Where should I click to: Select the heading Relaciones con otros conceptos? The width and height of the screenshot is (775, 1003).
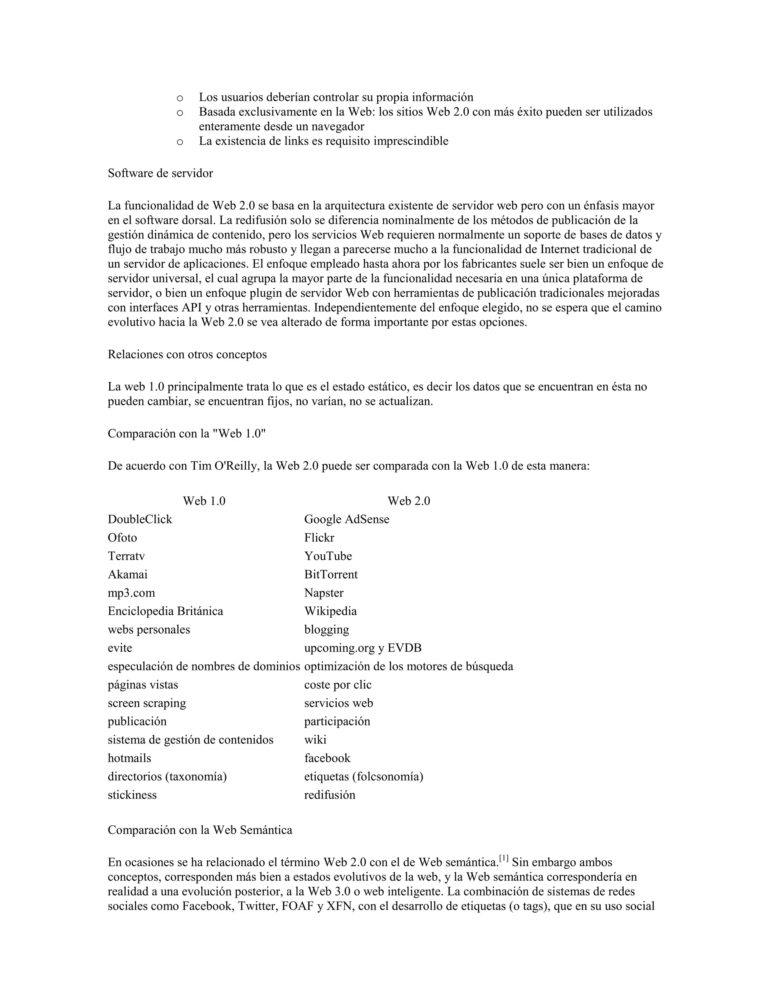pyautogui.click(x=187, y=355)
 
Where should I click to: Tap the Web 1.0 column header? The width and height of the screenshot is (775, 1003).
pyautogui.click(x=204, y=501)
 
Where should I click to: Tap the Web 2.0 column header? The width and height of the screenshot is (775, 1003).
pyautogui.click(x=409, y=501)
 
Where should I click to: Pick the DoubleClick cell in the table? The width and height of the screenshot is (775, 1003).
pyautogui.click(x=140, y=519)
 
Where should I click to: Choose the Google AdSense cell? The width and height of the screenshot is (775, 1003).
pyautogui.click(x=347, y=519)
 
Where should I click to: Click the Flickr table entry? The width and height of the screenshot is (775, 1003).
pyautogui.click(x=319, y=538)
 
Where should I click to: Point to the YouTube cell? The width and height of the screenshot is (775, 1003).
pyautogui.click(x=328, y=556)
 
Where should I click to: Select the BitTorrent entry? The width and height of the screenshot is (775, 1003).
pyautogui.click(x=331, y=575)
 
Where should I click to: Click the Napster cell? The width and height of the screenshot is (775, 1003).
pyautogui.click(x=324, y=593)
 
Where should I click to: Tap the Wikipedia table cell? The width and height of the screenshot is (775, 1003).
pyautogui.click(x=330, y=611)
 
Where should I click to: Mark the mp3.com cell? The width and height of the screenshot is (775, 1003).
pyautogui.click(x=131, y=593)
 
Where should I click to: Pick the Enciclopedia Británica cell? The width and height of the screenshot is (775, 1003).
pyautogui.click(x=165, y=611)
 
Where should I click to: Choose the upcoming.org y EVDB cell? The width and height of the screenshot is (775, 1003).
pyautogui.click(x=363, y=648)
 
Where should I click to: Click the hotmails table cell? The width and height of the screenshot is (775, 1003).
pyautogui.click(x=129, y=758)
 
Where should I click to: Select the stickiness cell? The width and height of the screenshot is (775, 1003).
pyautogui.click(x=132, y=795)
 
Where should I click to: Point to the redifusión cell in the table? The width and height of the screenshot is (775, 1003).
pyautogui.click(x=330, y=795)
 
